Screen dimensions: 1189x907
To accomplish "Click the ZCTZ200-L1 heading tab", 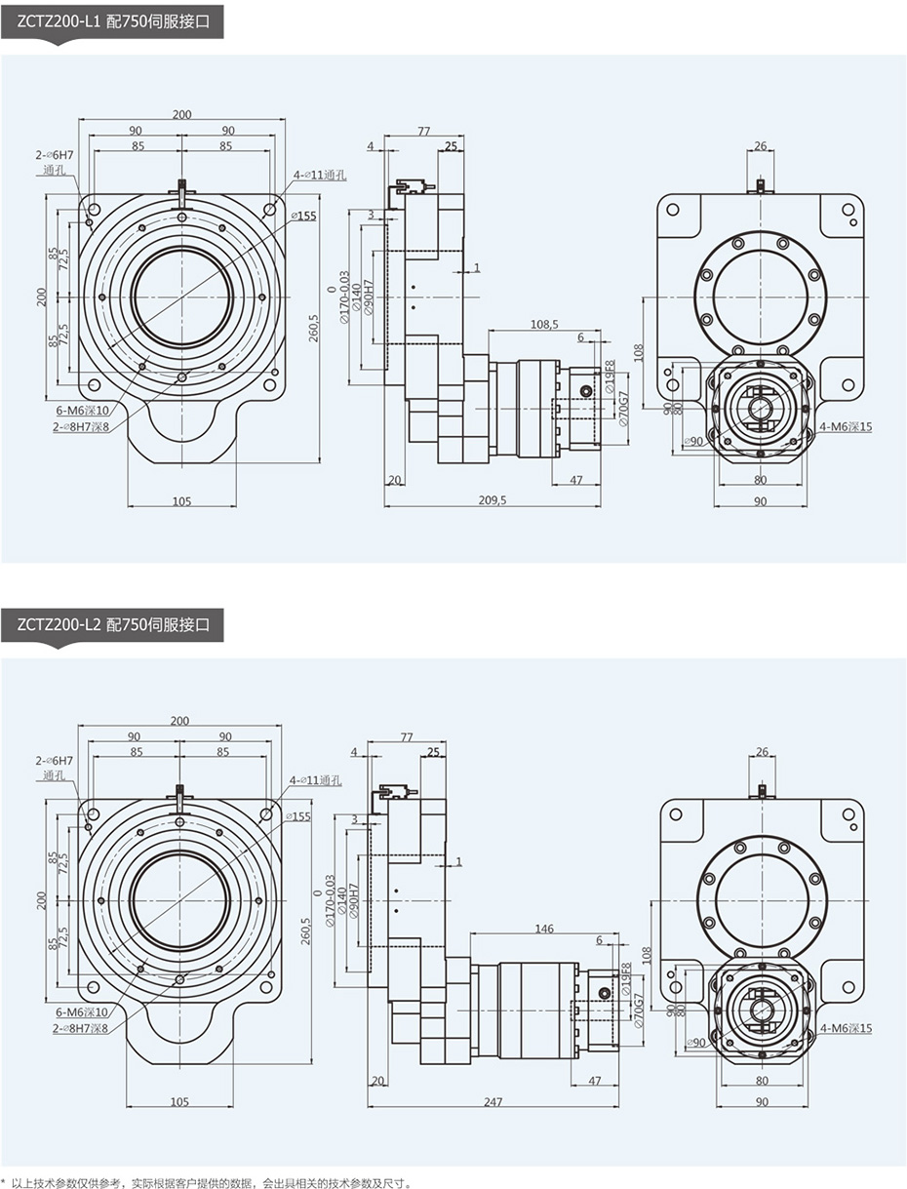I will [113, 19].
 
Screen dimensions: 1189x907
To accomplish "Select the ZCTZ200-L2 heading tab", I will [113, 623].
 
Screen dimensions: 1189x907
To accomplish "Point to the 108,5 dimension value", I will [544, 324].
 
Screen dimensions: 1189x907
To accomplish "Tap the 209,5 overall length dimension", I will [493, 500].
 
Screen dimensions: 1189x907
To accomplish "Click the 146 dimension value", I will [544, 929].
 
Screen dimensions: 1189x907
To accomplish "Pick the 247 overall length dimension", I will [493, 1101].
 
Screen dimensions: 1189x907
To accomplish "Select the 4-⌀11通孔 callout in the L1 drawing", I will [320, 175].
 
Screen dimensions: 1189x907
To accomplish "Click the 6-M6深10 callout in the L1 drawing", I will [83, 411].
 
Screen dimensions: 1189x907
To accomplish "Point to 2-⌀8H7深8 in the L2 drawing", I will [81, 1027].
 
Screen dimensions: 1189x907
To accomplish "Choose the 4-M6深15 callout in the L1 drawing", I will [845, 425].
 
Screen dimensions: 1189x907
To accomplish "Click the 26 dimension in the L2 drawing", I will [762, 751].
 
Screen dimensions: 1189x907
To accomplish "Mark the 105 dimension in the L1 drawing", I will [181, 501].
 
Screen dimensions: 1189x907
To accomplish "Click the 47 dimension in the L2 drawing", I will [595, 1081].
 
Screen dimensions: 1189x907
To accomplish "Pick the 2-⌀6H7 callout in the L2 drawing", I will [55, 760].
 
